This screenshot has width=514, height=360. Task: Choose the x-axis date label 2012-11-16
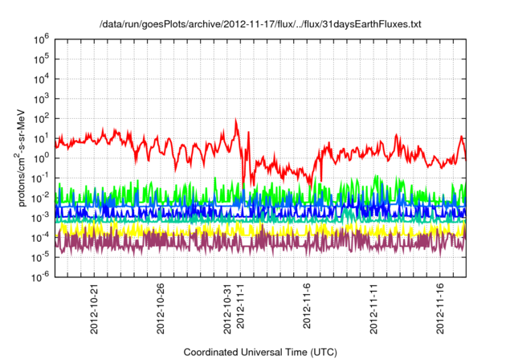coord(443,305)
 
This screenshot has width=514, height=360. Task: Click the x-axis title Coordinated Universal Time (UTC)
coord(259,352)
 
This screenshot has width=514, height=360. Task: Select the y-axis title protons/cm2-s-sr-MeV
coord(24,157)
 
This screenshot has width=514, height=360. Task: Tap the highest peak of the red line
coord(236,120)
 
